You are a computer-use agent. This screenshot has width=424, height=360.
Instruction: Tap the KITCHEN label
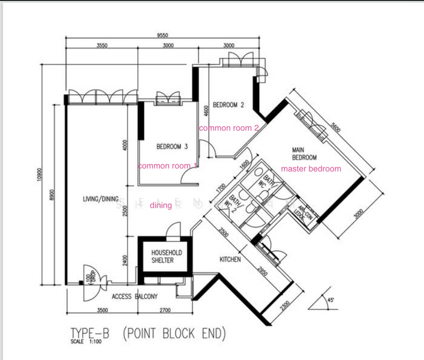(230, 260)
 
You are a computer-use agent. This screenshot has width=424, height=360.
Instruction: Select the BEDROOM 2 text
(228, 104)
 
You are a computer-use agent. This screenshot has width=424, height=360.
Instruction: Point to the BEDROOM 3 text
(172, 146)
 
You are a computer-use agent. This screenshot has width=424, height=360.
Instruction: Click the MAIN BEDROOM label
(304, 154)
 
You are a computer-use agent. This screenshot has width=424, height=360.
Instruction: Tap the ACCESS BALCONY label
(134, 296)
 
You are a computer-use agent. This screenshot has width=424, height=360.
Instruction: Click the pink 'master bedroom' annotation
(311, 169)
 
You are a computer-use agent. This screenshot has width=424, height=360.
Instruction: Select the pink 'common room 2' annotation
(228, 128)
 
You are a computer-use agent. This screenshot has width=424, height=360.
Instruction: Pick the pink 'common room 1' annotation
(168, 166)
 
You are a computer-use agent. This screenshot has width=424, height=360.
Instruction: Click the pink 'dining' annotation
(161, 205)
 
